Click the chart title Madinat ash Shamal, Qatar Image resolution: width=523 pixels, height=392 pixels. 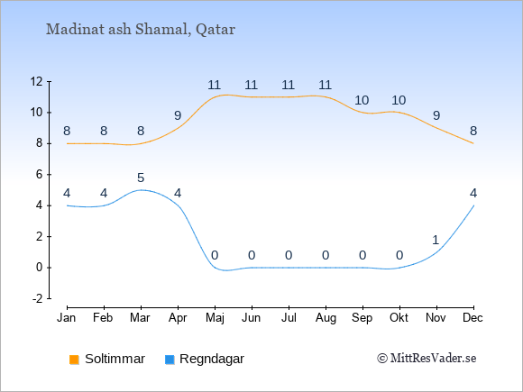pyautogui.click(x=141, y=30)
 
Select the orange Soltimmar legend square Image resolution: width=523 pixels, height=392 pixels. pyautogui.click(x=74, y=360)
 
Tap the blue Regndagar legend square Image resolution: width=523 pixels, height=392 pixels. pyautogui.click(x=170, y=360)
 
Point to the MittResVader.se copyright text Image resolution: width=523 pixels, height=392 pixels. pyautogui.click(x=427, y=359)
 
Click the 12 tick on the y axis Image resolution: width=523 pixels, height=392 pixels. pyautogui.click(x=37, y=81)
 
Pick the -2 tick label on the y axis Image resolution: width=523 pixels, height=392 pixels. pyautogui.click(x=37, y=298)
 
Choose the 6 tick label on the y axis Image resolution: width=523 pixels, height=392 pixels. pyautogui.click(x=40, y=174)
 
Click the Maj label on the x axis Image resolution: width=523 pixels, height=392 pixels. pyautogui.click(x=215, y=318)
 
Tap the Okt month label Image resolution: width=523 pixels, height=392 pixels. pyautogui.click(x=399, y=318)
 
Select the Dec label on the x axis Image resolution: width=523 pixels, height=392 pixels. pyautogui.click(x=473, y=318)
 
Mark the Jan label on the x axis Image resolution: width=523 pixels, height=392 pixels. pyautogui.click(x=67, y=318)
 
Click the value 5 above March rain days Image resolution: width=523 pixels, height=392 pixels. pyautogui.click(x=141, y=178)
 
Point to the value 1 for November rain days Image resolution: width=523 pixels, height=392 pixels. pyautogui.click(x=436, y=240)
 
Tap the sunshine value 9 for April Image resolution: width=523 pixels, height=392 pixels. pyautogui.click(x=178, y=115)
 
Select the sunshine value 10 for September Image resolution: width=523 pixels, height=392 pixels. pyautogui.click(x=362, y=100)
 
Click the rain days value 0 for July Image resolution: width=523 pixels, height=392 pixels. pyautogui.click(x=289, y=256)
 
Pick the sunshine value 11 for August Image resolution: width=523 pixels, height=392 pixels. pyautogui.click(x=325, y=85)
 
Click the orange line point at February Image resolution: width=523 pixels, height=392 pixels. pyautogui.click(x=104, y=143)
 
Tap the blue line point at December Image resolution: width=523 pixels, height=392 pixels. pyautogui.click(x=473, y=205)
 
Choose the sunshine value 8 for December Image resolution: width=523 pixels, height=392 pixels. pyautogui.click(x=473, y=131)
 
